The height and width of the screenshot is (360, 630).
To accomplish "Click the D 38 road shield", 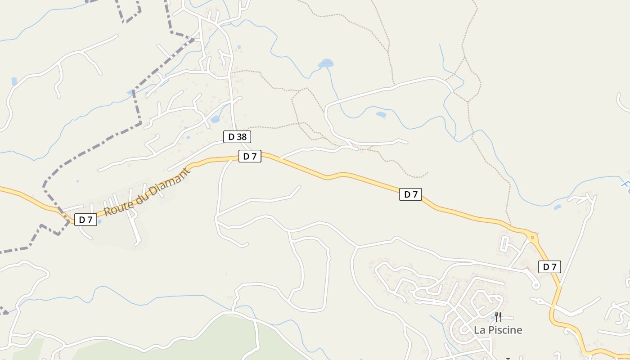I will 237,137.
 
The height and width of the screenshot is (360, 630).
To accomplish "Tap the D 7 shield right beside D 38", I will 250,156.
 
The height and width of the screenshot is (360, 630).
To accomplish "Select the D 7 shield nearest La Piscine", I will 549,267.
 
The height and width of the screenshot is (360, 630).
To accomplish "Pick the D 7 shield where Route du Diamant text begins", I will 85,220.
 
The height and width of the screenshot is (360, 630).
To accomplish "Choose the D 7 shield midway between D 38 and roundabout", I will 410,194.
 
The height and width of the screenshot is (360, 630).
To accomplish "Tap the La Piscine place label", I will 498,330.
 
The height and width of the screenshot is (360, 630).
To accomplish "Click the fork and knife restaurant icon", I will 498,317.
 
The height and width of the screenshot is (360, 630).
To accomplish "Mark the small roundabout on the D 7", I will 533,236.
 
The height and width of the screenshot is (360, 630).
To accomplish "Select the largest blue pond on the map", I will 326,63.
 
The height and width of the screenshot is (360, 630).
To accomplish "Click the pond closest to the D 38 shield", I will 215,120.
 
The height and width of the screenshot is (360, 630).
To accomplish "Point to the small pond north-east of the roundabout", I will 558,207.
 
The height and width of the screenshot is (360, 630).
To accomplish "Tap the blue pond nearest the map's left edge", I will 14,81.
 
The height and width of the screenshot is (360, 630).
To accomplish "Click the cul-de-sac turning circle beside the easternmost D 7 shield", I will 535,285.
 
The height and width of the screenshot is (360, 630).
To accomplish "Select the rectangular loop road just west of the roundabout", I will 505,243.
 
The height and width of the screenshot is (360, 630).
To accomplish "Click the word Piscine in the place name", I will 506,330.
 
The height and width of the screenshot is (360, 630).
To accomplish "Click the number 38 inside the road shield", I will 242,137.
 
